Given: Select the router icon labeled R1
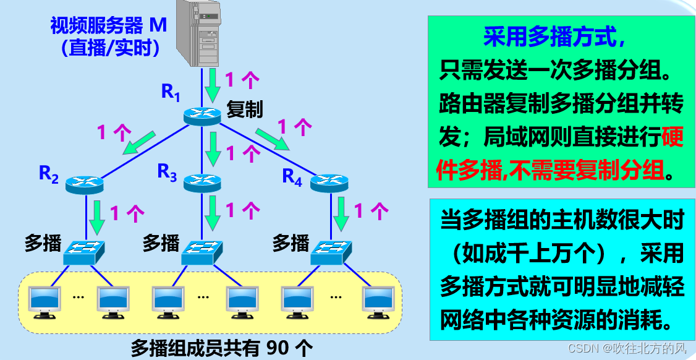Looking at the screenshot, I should click(x=202, y=115).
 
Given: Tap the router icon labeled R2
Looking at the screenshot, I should click(x=85, y=182).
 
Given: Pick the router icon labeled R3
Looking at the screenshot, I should click(x=202, y=181).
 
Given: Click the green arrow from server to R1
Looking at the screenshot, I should click(x=213, y=85).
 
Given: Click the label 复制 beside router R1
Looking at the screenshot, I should click(x=245, y=109).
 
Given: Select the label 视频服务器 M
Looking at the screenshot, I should click(x=109, y=25).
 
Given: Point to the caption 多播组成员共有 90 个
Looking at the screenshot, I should click(x=222, y=347).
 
